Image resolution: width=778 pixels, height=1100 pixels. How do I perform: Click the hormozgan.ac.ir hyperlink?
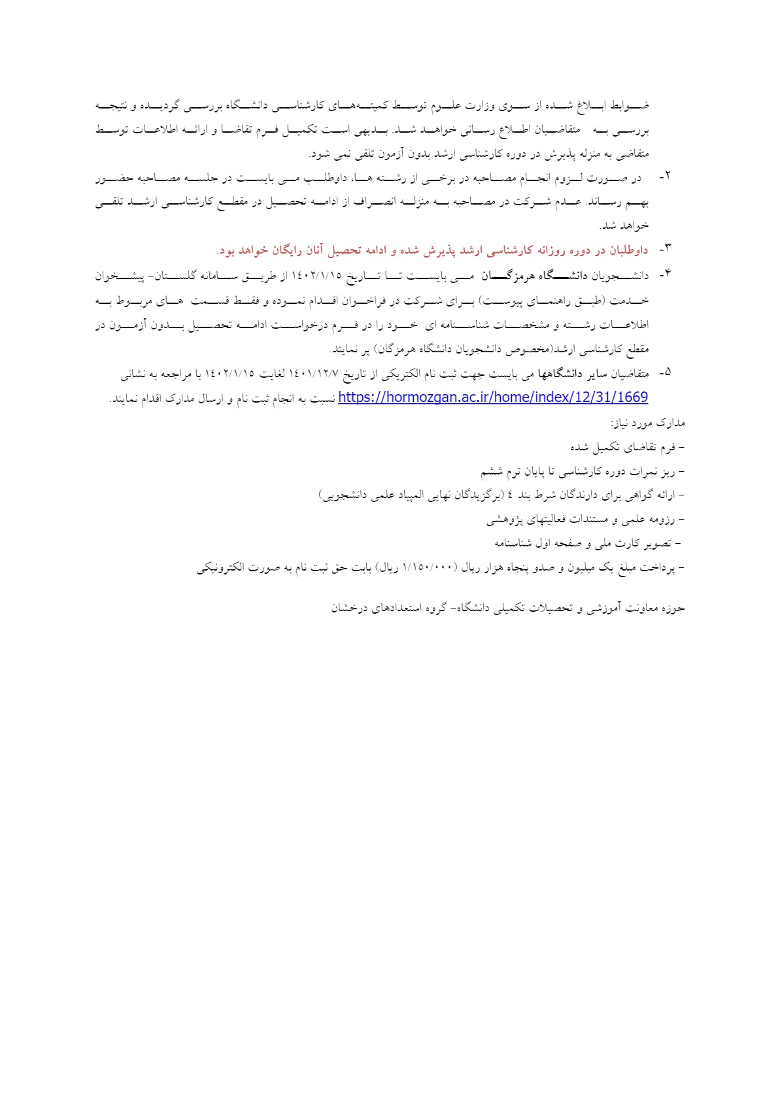[492, 397]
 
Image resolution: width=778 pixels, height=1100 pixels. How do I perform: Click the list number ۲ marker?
[665, 177]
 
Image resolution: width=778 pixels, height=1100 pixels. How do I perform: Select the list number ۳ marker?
[665, 250]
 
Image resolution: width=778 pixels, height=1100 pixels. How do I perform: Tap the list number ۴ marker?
[665, 275]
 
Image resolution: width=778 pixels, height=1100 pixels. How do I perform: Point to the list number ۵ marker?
[665, 373]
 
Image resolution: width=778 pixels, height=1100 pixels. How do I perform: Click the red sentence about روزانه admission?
[431, 250]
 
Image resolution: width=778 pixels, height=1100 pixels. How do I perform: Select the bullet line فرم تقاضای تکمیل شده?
[626, 448]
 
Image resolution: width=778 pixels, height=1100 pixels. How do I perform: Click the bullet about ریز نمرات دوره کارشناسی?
[582, 471]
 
